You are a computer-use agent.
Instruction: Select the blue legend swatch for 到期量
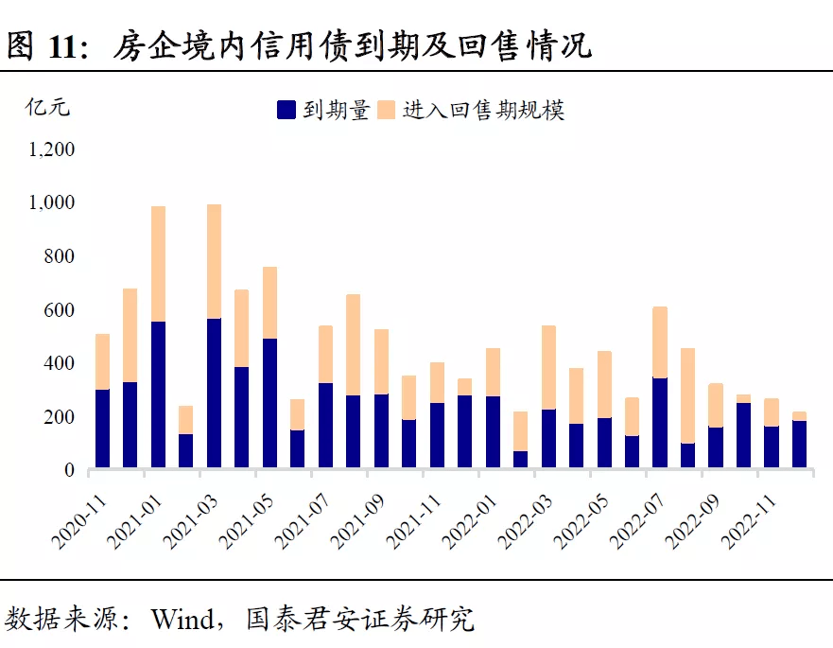286,110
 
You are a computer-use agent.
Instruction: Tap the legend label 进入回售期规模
483,110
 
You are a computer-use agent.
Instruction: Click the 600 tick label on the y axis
60,310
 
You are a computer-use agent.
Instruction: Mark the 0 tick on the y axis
69,470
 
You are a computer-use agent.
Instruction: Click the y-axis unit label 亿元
47,106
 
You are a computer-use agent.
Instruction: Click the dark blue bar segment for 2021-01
158,395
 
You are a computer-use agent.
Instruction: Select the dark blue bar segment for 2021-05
269,403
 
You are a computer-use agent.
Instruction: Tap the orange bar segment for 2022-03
548,367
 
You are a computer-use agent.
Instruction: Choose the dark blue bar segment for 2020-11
102,429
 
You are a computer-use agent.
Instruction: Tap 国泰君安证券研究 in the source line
359,620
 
